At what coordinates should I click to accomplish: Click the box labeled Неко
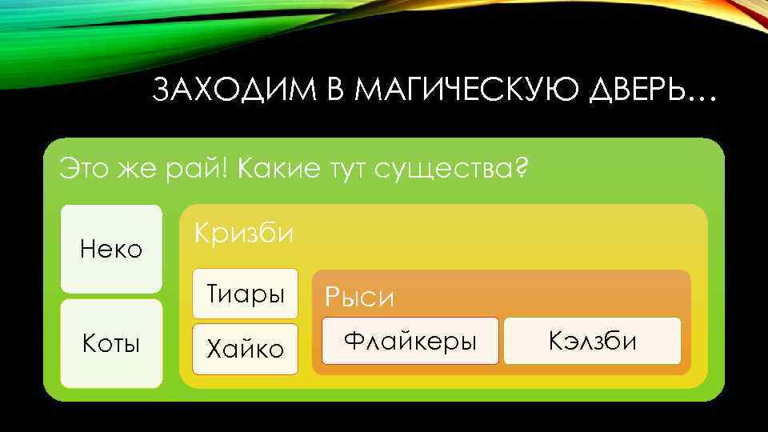(111, 249)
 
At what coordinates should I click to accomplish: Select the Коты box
(111, 344)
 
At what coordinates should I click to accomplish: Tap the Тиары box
(246, 294)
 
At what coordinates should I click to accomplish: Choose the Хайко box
(246, 349)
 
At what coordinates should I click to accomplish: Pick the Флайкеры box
(410, 341)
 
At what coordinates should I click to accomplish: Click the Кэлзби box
(593, 341)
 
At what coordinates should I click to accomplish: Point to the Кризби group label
(245, 234)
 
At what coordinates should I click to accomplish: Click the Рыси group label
(359, 298)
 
